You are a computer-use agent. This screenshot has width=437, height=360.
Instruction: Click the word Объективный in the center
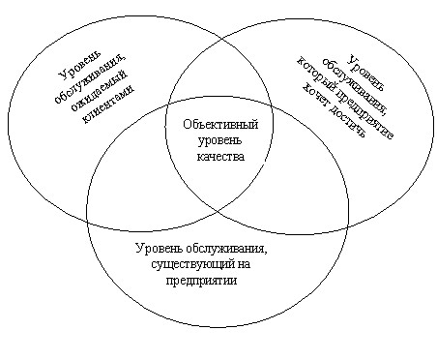click(x=220, y=124)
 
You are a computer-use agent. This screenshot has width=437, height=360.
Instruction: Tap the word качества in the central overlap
click(x=220, y=157)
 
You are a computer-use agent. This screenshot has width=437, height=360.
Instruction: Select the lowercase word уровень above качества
click(x=219, y=141)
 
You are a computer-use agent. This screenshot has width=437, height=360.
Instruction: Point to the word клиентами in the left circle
click(x=108, y=105)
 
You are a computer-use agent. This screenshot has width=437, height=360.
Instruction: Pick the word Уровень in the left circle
click(x=80, y=66)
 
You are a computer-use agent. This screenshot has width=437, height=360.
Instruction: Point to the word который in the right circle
click(x=317, y=75)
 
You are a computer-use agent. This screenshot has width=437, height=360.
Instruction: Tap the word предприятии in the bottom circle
click(x=201, y=281)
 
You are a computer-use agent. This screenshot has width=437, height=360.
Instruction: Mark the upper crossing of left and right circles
click(x=221, y=41)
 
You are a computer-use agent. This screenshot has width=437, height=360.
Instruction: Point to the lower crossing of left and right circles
click(x=217, y=210)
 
